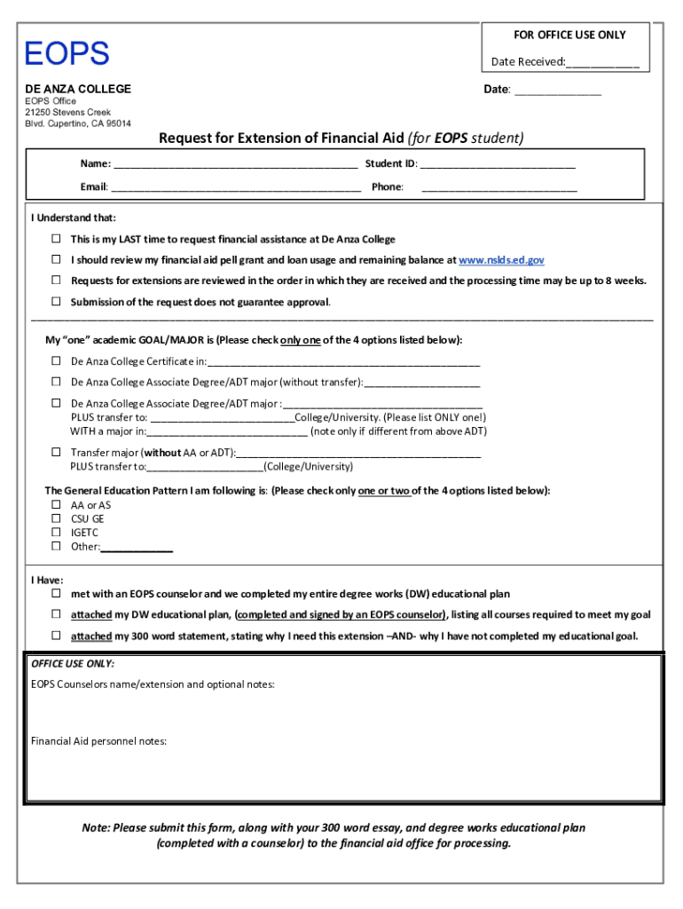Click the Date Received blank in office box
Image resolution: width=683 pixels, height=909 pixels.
pos(602,63)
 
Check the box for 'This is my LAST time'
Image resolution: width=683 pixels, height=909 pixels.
pos(55,240)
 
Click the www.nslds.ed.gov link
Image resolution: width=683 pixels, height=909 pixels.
pos(501,260)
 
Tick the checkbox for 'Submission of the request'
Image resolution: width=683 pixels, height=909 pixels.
pos(55,302)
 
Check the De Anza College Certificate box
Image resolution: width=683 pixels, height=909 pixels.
pos(55,361)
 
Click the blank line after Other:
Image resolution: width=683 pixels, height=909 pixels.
pos(137,549)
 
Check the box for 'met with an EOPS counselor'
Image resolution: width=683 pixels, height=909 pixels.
pos(55,593)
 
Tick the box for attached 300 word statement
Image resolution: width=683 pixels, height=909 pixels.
pos(55,636)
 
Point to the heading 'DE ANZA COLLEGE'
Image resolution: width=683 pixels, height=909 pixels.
pos(77,89)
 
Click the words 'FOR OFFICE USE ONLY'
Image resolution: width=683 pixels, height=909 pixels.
pos(569,35)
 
